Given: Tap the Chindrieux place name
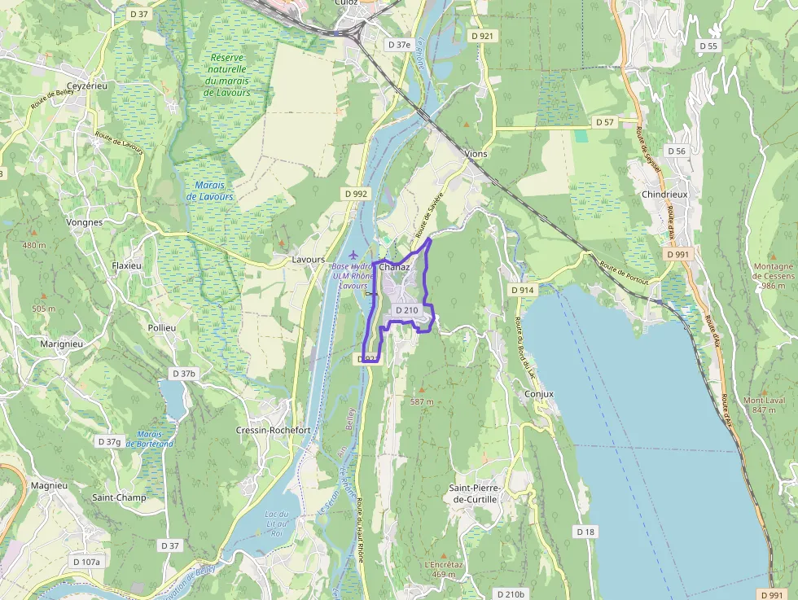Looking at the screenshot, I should pyautogui.click(x=666, y=195).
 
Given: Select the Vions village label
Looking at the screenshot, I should pyautogui.click(x=475, y=153).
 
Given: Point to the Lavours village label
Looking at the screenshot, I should pyautogui.click(x=309, y=260).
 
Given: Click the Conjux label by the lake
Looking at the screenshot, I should pyautogui.click(x=539, y=394).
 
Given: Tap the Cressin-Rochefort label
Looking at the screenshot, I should pyautogui.click(x=273, y=430).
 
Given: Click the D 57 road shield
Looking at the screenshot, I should pyautogui.click(x=603, y=122).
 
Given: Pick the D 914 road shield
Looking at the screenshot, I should pyautogui.click(x=523, y=290).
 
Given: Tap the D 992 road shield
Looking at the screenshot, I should pyautogui.click(x=356, y=194).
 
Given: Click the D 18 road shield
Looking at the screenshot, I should pyautogui.click(x=585, y=532).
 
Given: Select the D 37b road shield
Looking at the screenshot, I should pyautogui.click(x=184, y=373).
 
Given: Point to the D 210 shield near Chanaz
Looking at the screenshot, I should pyautogui.click(x=406, y=310).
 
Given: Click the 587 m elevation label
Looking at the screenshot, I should pyautogui.click(x=422, y=402).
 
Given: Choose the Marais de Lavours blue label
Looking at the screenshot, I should pyautogui.click(x=209, y=191).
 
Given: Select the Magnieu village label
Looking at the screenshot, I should pyautogui.click(x=48, y=485).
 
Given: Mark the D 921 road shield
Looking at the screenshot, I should pyautogui.click(x=481, y=36).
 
